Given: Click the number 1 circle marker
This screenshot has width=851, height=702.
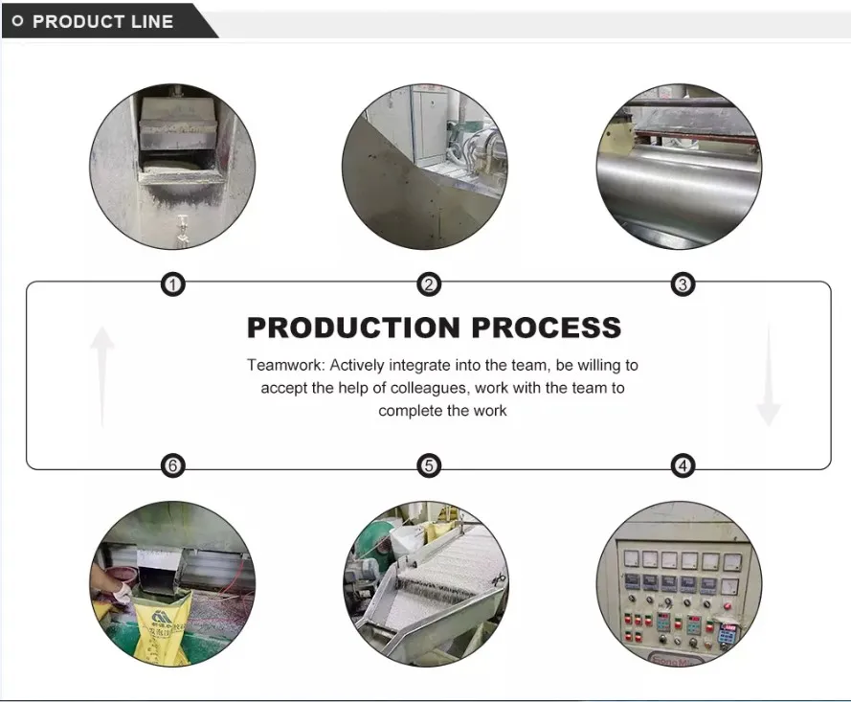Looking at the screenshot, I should click(172, 284).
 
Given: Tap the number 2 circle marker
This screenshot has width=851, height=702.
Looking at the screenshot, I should click(429, 284).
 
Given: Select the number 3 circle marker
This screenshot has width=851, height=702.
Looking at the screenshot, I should click(683, 284).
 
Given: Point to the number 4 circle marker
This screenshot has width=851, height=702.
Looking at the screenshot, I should click(683, 466).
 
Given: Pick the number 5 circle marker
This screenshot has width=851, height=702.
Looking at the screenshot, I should click(429, 466).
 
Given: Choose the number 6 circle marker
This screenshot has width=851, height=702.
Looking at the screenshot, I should click(172, 466).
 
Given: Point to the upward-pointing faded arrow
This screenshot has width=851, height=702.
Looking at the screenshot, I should click(101, 374).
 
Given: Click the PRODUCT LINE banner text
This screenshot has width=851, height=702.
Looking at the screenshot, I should click(102, 21).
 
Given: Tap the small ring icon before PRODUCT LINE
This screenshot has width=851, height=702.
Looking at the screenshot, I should click(17, 21).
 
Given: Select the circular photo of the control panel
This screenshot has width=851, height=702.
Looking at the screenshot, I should click(679, 584).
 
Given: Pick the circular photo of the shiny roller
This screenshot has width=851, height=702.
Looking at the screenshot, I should click(679, 168).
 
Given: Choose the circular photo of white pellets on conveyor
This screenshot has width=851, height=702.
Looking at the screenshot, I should click(426, 584).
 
